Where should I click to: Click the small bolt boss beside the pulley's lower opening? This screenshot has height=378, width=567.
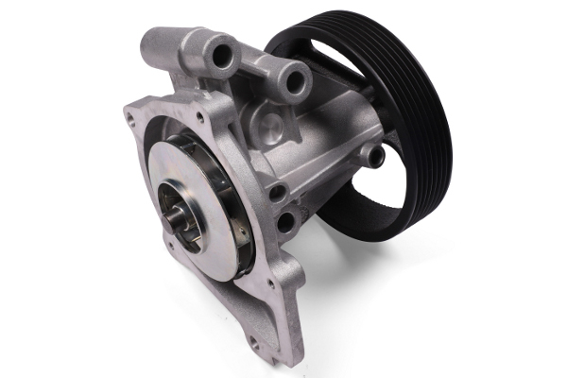pyautogui.click(x=377, y=154)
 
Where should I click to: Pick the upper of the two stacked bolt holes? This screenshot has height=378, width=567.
pyautogui.click(x=279, y=192)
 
